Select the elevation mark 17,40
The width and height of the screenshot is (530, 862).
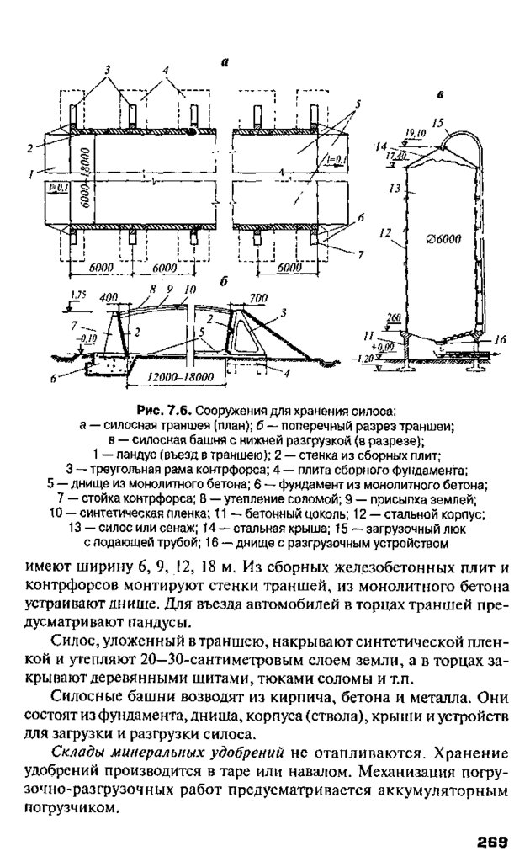click(x=396, y=156)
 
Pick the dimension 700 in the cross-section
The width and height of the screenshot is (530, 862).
click(x=258, y=297)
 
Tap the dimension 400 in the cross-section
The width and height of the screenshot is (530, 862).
click(x=108, y=297)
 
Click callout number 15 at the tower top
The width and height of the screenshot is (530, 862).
click(x=437, y=122)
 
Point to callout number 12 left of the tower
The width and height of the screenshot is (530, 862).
click(x=386, y=229)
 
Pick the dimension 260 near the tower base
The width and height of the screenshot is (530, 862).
click(x=395, y=318)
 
